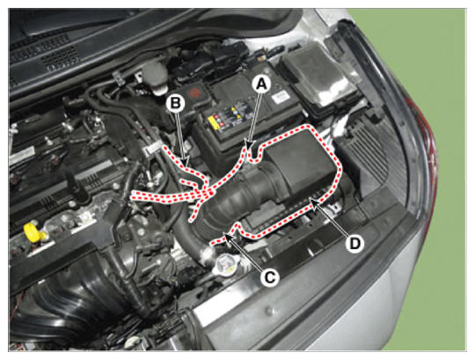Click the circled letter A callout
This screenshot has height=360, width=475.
[x=262, y=84]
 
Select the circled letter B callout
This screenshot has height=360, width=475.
[x=175, y=103]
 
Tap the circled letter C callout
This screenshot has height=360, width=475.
[x=269, y=277]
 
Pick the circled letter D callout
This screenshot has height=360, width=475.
[x=355, y=243]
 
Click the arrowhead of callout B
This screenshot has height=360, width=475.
[x=186, y=160]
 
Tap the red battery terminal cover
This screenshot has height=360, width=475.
[x=194, y=92]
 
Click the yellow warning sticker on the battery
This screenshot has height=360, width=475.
[x=217, y=121]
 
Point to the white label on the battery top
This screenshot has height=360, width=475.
[x=281, y=98]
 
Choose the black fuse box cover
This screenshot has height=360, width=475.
[x=318, y=77]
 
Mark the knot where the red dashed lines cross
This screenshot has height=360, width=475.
[x=205, y=193]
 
